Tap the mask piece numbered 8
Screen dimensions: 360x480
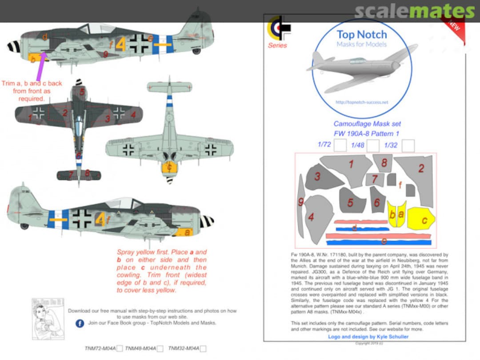[x=383, y=163]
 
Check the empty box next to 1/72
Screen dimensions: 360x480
[x=340, y=146]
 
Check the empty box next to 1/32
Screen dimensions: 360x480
[x=408, y=146]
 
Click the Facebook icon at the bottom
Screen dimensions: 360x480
[x=80, y=323]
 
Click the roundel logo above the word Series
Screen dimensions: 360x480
[x=278, y=29]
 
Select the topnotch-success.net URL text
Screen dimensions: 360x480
[x=362, y=102]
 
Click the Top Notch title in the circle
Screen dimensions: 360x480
[x=362, y=35]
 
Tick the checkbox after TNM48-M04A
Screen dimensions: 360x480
[x=160, y=349]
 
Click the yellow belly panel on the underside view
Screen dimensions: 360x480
[x=169, y=167]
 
